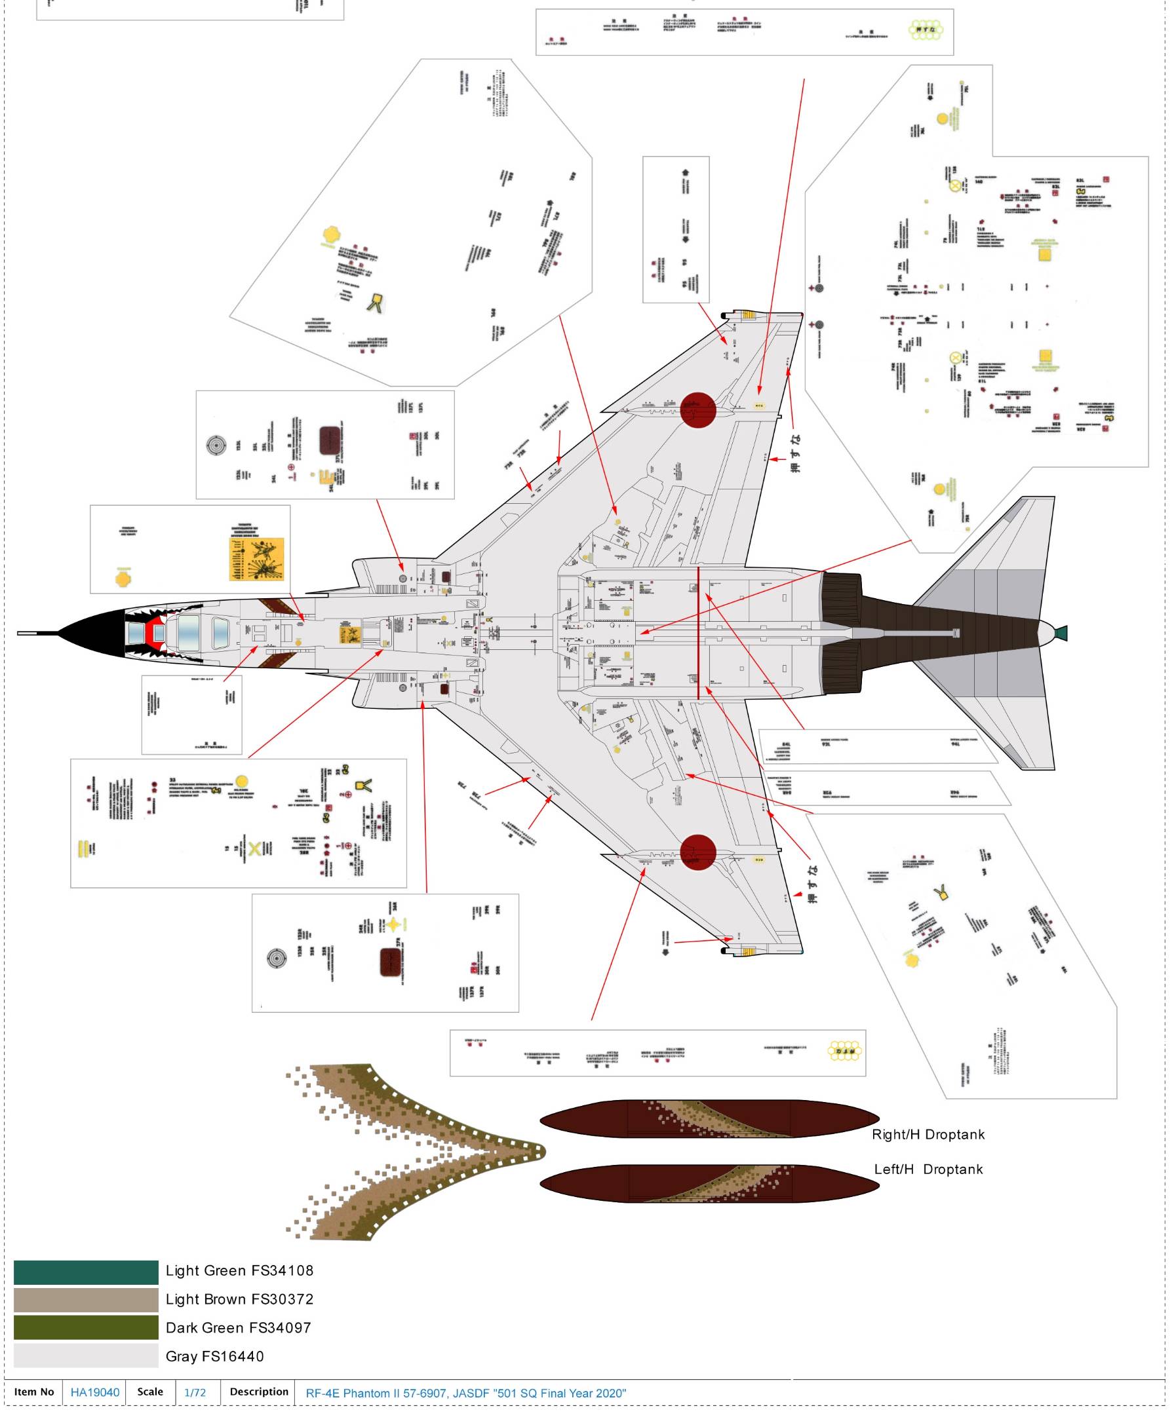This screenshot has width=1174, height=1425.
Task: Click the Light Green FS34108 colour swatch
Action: click(86, 1272)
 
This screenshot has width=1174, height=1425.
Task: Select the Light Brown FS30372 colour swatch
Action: click(86, 1300)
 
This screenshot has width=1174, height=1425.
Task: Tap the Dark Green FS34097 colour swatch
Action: click(86, 1327)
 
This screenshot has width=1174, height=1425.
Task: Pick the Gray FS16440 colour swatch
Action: click(86, 1356)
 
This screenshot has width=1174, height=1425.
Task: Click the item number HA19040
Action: click(94, 1392)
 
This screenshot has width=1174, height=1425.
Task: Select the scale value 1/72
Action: click(195, 1392)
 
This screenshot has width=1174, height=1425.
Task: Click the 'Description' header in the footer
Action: click(259, 1392)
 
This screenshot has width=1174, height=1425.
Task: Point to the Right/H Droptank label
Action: click(928, 1134)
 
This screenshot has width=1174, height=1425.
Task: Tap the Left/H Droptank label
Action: click(928, 1169)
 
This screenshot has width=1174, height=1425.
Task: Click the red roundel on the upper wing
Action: click(698, 410)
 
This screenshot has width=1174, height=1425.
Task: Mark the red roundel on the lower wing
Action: click(698, 852)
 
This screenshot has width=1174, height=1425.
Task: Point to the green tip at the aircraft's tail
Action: click(1061, 634)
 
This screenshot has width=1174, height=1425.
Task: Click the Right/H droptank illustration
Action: click(709, 1119)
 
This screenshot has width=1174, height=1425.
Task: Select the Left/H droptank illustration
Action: click(709, 1184)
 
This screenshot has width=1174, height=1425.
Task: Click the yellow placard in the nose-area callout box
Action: click(257, 559)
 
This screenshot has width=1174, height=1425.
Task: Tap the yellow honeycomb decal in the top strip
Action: click(926, 29)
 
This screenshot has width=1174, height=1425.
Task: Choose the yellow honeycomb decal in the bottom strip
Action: click(844, 1051)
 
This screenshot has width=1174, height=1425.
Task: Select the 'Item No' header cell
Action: click(34, 1392)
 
